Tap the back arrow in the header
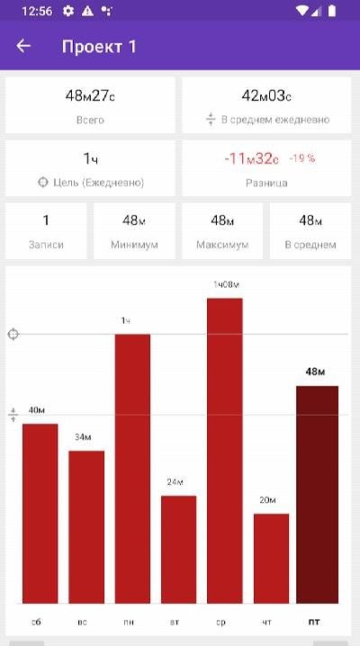(23, 46)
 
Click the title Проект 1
(99, 47)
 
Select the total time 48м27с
(90, 96)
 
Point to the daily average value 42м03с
(266, 96)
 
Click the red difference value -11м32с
(251, 158)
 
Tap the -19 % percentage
(301, 158)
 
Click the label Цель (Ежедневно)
(98, 183)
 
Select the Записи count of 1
(46, 220)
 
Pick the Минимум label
(134, 245)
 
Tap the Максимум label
(222, 245)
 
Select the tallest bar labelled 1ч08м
(225, 451)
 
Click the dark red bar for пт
(317, 495)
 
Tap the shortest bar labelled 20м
(271, 559)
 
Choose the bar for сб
(40, 514)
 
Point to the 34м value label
(83, 437)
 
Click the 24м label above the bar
(175, 482)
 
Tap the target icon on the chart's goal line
(13, 334)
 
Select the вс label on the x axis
(82, 622)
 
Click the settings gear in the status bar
(68, 11)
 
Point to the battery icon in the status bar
(331, 11)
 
